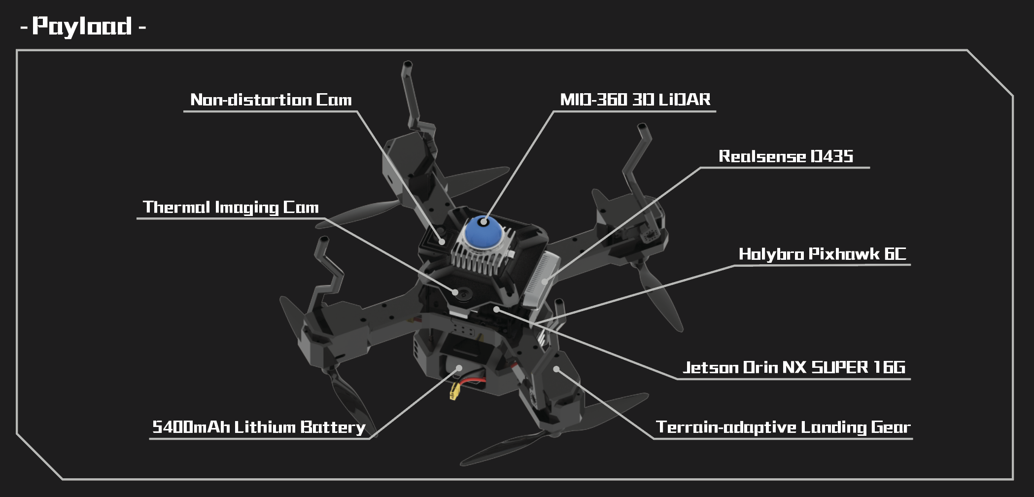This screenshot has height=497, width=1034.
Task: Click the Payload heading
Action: (83, 26)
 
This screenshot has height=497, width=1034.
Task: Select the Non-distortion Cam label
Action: (271, 100)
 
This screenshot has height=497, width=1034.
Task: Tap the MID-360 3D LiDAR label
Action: (635, 100)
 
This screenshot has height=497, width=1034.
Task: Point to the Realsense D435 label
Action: (786, 156)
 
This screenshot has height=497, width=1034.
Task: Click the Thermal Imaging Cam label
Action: (231, 207)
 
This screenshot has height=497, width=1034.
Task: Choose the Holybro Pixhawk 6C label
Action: (822, 254)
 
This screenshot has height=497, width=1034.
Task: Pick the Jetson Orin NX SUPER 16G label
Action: (794, 367)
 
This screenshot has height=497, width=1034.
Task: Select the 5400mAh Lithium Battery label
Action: (259, 427)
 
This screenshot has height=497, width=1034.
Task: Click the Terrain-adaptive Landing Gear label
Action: (783, 427)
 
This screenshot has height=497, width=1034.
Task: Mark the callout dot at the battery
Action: (459, 368)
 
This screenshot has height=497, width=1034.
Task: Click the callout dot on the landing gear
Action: (556, 369)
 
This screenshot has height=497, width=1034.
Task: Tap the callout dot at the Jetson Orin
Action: (497, 310)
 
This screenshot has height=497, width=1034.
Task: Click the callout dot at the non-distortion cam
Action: (443, 242)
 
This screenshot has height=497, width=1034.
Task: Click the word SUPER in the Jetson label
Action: (840, 367)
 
